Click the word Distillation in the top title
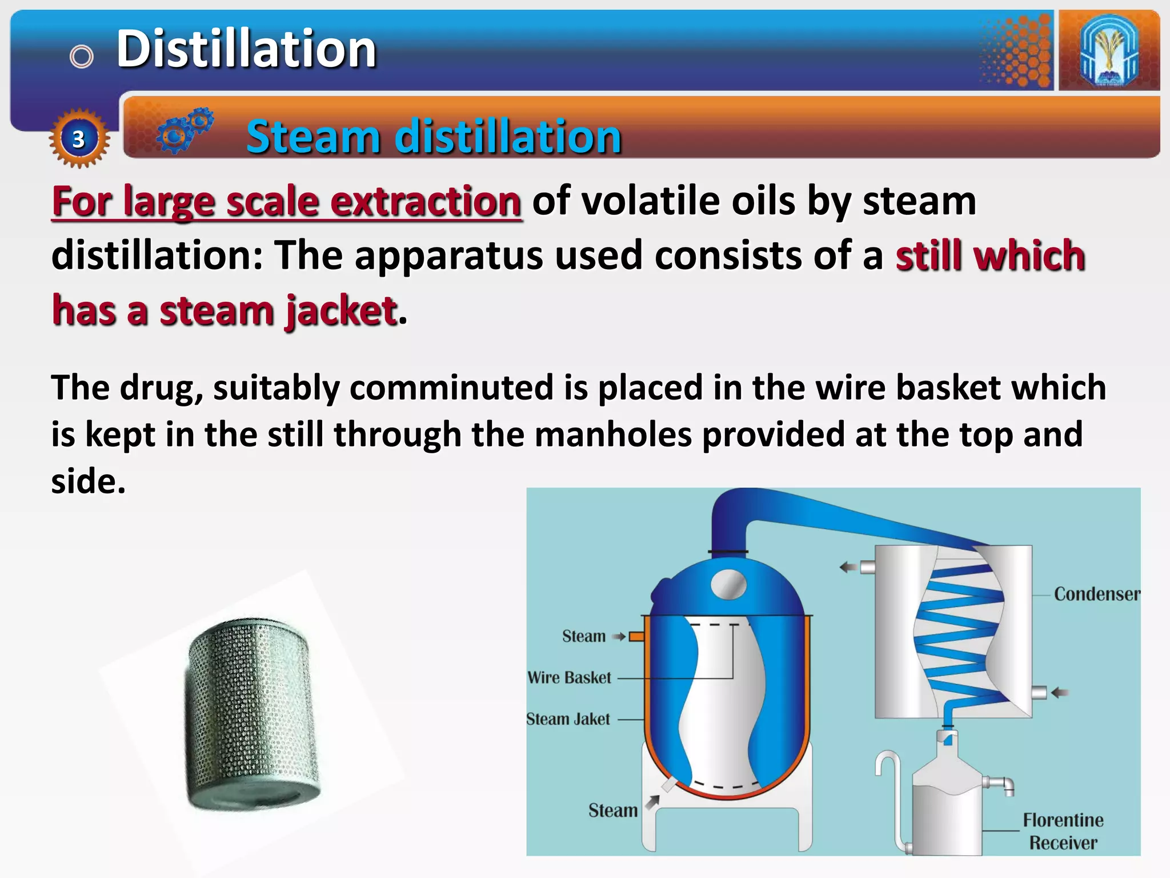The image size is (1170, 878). coord(246,49)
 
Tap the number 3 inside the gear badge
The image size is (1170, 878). coord(78,139)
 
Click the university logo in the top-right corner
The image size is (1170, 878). coord(1109,50)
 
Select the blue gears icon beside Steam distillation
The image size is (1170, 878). coord(184,130)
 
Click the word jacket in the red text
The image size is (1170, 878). coord(340,311)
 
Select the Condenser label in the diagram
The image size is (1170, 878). coord(1096,594)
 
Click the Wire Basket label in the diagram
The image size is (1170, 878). coord(569,678)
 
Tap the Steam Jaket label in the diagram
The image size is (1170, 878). coord(568,719)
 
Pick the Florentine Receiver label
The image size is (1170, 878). coord(1063,831)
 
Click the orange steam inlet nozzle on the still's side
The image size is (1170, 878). coord(636,636)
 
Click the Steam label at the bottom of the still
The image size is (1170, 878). coord(612,811)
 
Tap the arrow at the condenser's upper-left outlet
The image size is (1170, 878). coord(848,567)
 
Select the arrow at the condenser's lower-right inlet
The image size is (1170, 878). coord(1060,693)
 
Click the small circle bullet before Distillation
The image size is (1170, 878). coord(81,57)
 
